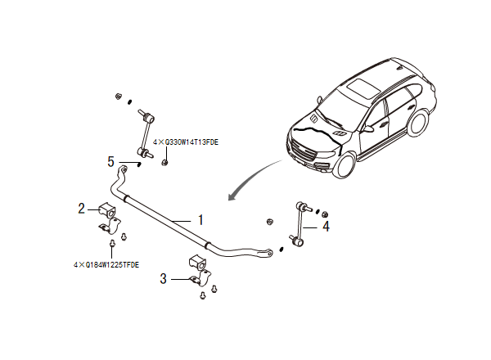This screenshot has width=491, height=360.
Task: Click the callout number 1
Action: [200, 220]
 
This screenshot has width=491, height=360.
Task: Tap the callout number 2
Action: [82, 209]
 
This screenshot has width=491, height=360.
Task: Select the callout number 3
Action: [164, 278]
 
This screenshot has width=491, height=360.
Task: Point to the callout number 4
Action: [326, 226]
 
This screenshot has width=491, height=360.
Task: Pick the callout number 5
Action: [110, 161]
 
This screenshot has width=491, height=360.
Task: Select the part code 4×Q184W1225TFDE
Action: [106, 264]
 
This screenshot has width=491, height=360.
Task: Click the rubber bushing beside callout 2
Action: [109, 209]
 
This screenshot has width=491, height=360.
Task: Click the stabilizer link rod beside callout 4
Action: [300, 223]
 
